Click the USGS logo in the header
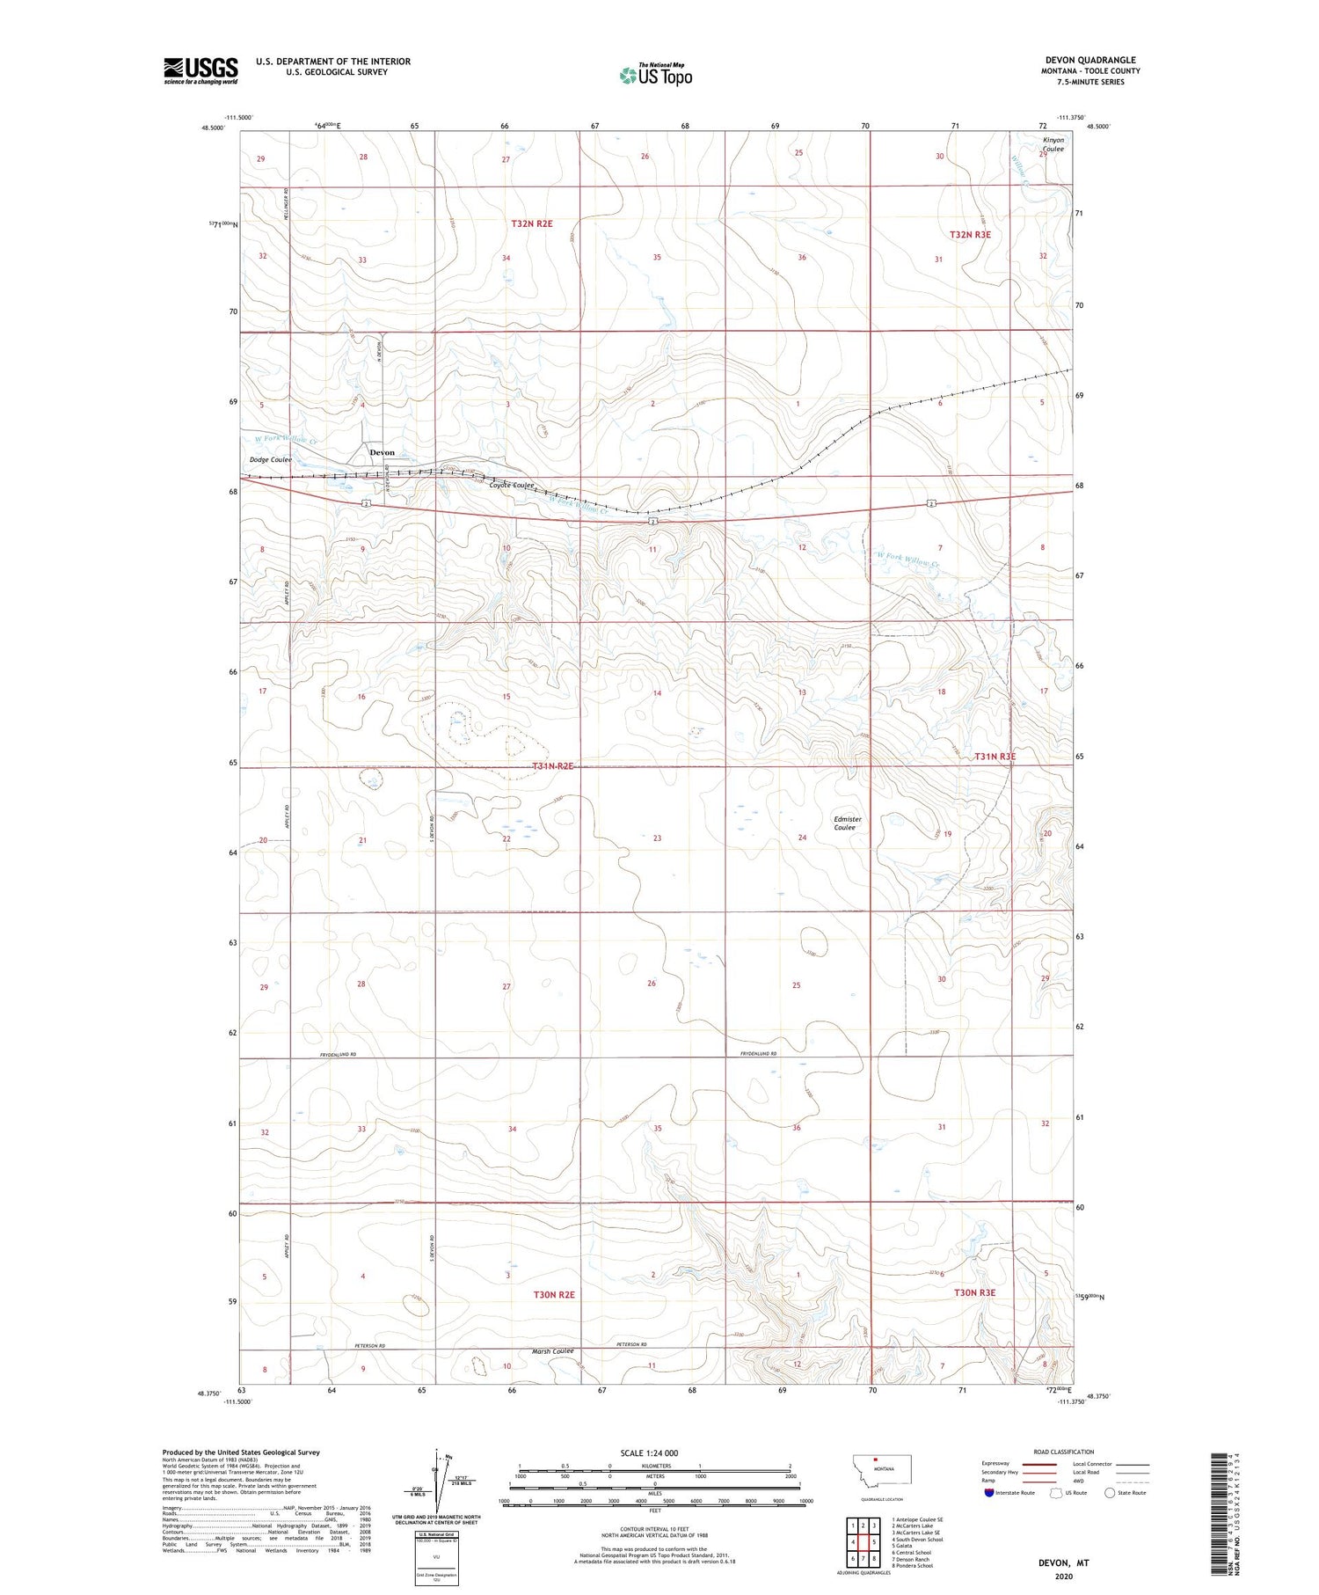200,70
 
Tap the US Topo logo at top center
656,76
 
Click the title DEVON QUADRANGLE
1089,60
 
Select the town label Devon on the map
382,452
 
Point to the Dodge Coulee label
270,460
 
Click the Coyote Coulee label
512,486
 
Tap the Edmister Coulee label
847,823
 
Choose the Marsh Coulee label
552,1351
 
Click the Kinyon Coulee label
1053,144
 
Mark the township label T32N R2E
532,223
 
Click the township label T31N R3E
995,757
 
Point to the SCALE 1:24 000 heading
649,1452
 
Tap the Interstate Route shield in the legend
989,1493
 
